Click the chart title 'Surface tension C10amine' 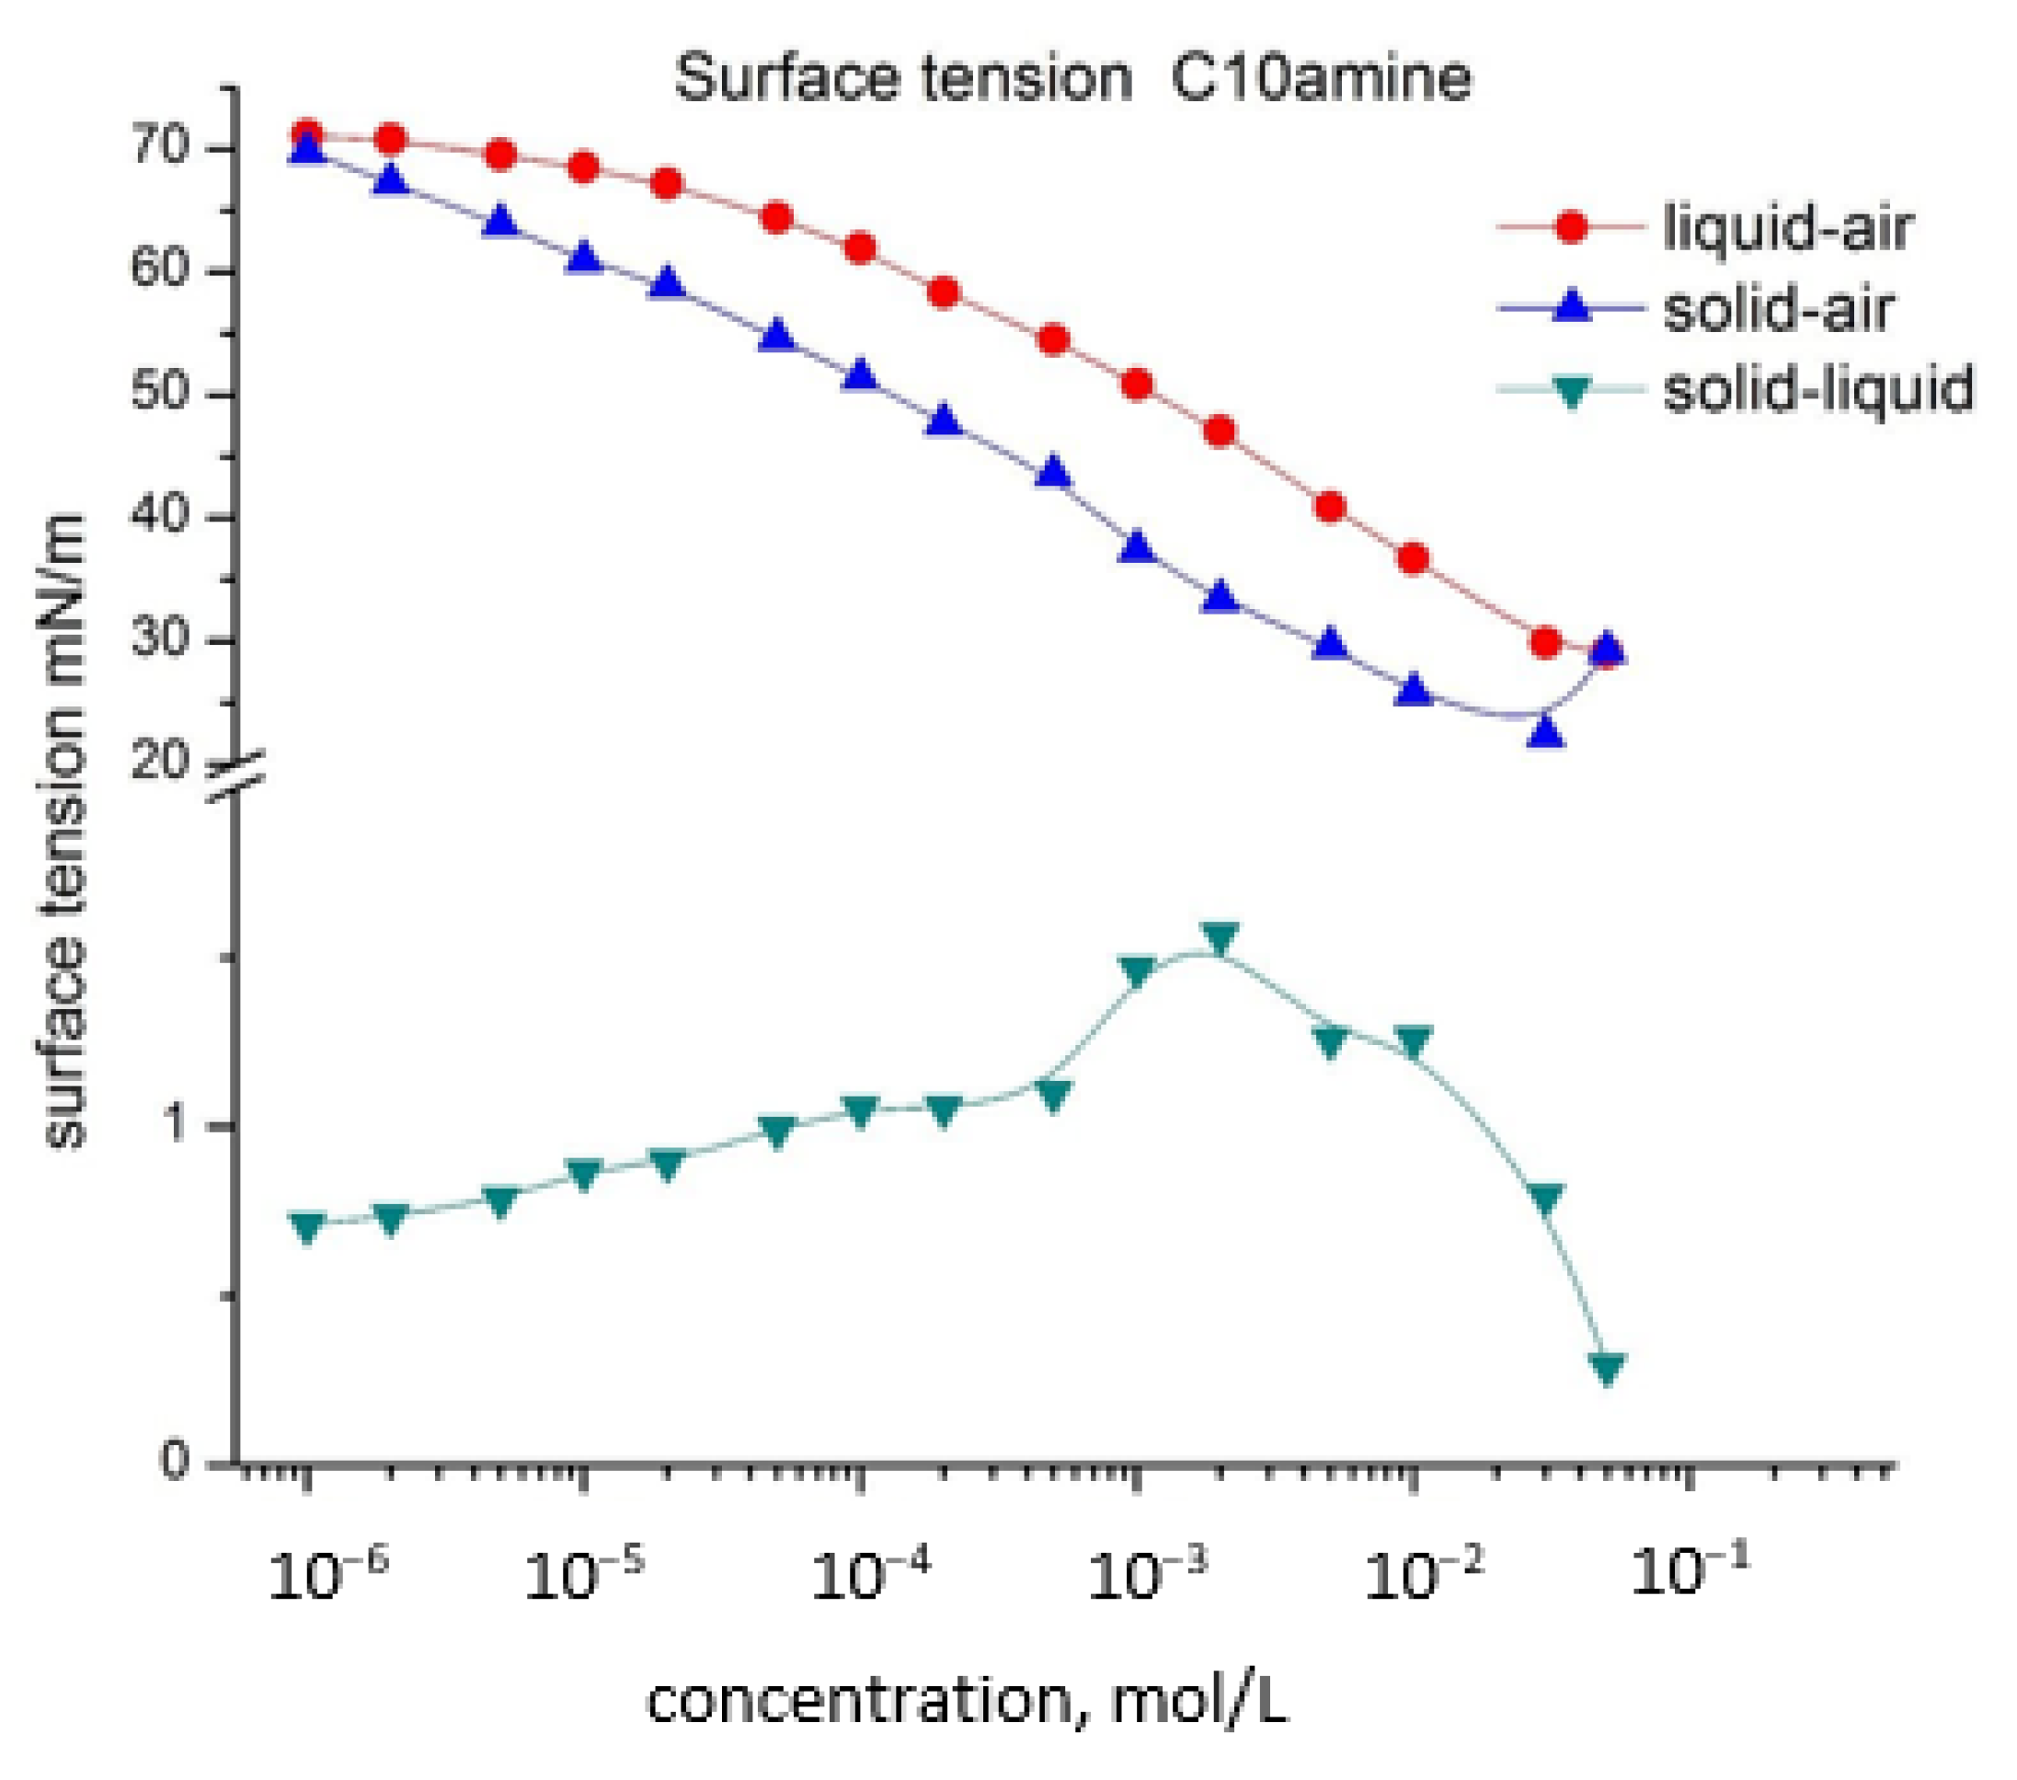click(x=1072, y=79)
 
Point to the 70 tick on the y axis click(x=158, y=148)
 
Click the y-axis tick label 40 click(x=158, y=516)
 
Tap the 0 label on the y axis click(x=174, y=1460)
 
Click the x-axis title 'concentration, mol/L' click(x=967, y=1702)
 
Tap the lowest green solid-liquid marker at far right click(x=1608, y=1368)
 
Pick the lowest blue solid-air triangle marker click(x=1545, y=731)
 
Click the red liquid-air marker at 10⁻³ click(x=1138, y=384)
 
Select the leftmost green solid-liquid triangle click(x=307, y=1226)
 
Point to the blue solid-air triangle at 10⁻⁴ click(x=861, y=375)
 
